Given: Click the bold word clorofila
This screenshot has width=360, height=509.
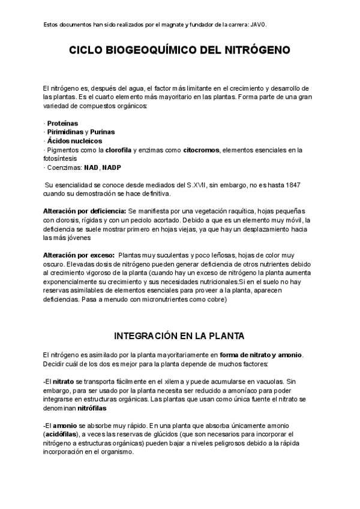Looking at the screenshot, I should coord(118,149).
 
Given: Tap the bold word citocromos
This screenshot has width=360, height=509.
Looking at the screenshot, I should coord(202,149).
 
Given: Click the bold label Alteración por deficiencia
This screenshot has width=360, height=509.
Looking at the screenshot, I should coord(85,212).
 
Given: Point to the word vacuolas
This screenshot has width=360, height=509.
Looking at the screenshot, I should coord(266,381).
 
